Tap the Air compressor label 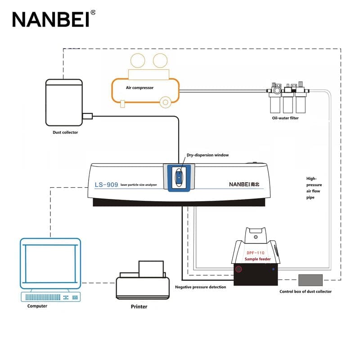point(140,88)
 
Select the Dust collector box point(64,103)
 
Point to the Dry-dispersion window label point(208,155)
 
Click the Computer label point(37,306)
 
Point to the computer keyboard point(50,297)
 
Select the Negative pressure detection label point(201,287)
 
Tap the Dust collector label point(65,132)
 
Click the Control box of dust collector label point(306,292)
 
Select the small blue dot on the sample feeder point(274,269)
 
